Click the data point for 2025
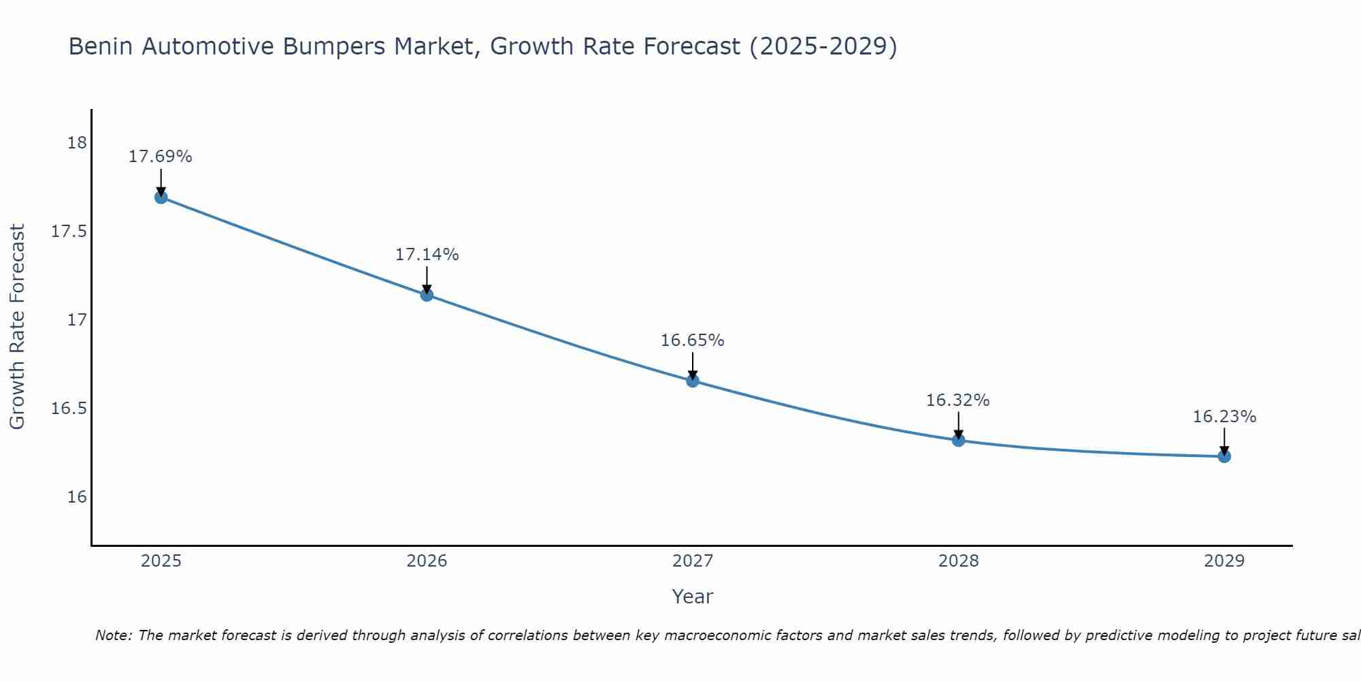click(x=161, y=197)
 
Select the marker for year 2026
click(x=427, y=295)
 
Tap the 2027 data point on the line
click(x=693, y=381)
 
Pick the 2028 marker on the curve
click(x=958, y=440)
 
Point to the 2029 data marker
click(x=1224, y=456)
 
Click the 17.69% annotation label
click(x=161, y=157)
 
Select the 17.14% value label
click(x=427, y=255)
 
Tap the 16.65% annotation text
click(x=692, y=340)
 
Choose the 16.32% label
click(x=957, y=400)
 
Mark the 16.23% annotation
click(x=1224, y=417)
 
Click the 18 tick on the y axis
click(x=77, y=143)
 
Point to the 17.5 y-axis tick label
click(x=69, y=232)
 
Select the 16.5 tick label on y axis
click(x=69, y=409)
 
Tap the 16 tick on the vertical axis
click(x=77, y=497)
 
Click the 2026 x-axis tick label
click(x=427, y=561)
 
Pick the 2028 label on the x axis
click(x=958, y=561)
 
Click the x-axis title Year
click(x=692, y=597)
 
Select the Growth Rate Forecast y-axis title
click(x=17, y=327)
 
